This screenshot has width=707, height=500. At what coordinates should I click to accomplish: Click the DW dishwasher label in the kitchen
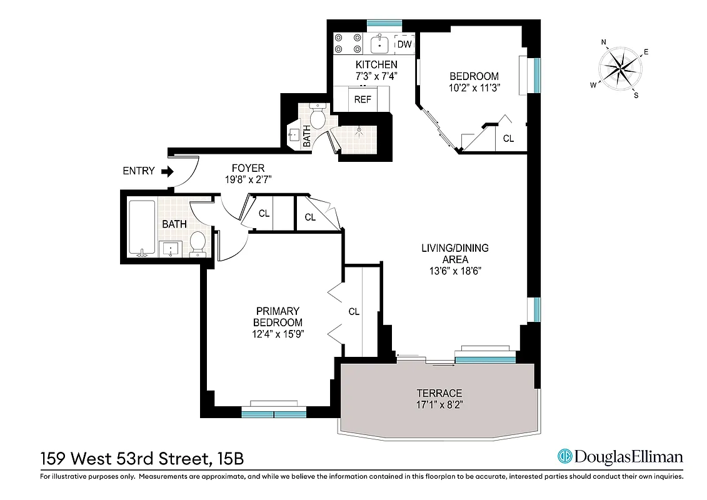pyautogui.click(x=405, y=44)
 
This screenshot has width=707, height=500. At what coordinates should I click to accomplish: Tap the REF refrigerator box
pyautogui.click(x=362, y=99)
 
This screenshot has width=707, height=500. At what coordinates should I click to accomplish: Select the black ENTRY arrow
pyautogui.click(x=167, y=171)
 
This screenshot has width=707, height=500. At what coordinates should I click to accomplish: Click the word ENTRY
pyautogui.click(x=138, y=171)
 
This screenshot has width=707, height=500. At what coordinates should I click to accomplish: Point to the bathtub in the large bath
pyautogui.click(x=141, y=227)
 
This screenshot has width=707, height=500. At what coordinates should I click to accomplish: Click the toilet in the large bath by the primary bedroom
pyautogui.click(x=198, y=243)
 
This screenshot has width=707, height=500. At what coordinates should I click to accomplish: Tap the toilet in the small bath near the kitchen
pyautogui.click(x=318, y=117)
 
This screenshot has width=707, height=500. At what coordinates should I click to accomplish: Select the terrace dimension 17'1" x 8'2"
pyautogui.click(x=439, y=404)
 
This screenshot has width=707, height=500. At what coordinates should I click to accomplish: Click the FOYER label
pyautogui.click(x=248, y=168)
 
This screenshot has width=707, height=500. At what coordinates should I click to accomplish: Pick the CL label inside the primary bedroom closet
pyautogui.click(x=354, y=311)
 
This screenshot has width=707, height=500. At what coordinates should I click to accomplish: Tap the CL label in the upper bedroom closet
pyautogui.click(x=508, y=139)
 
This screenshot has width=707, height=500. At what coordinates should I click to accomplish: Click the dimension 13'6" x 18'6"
pyautogui.click(x=454, y=271)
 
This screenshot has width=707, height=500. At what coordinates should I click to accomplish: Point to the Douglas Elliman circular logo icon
pyautogui.click(x=566, y=457)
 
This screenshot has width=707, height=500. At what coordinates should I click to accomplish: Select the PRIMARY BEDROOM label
pyautogui.click(x=278, y=317)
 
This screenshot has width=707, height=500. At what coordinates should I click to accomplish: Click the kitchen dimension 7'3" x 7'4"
pyautogui.click(x=376, y=76)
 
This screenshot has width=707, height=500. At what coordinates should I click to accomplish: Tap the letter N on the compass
pyautogui.click(x=604, y=42)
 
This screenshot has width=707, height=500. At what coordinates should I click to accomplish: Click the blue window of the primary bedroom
pyautogui.click(x=274, y=413)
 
